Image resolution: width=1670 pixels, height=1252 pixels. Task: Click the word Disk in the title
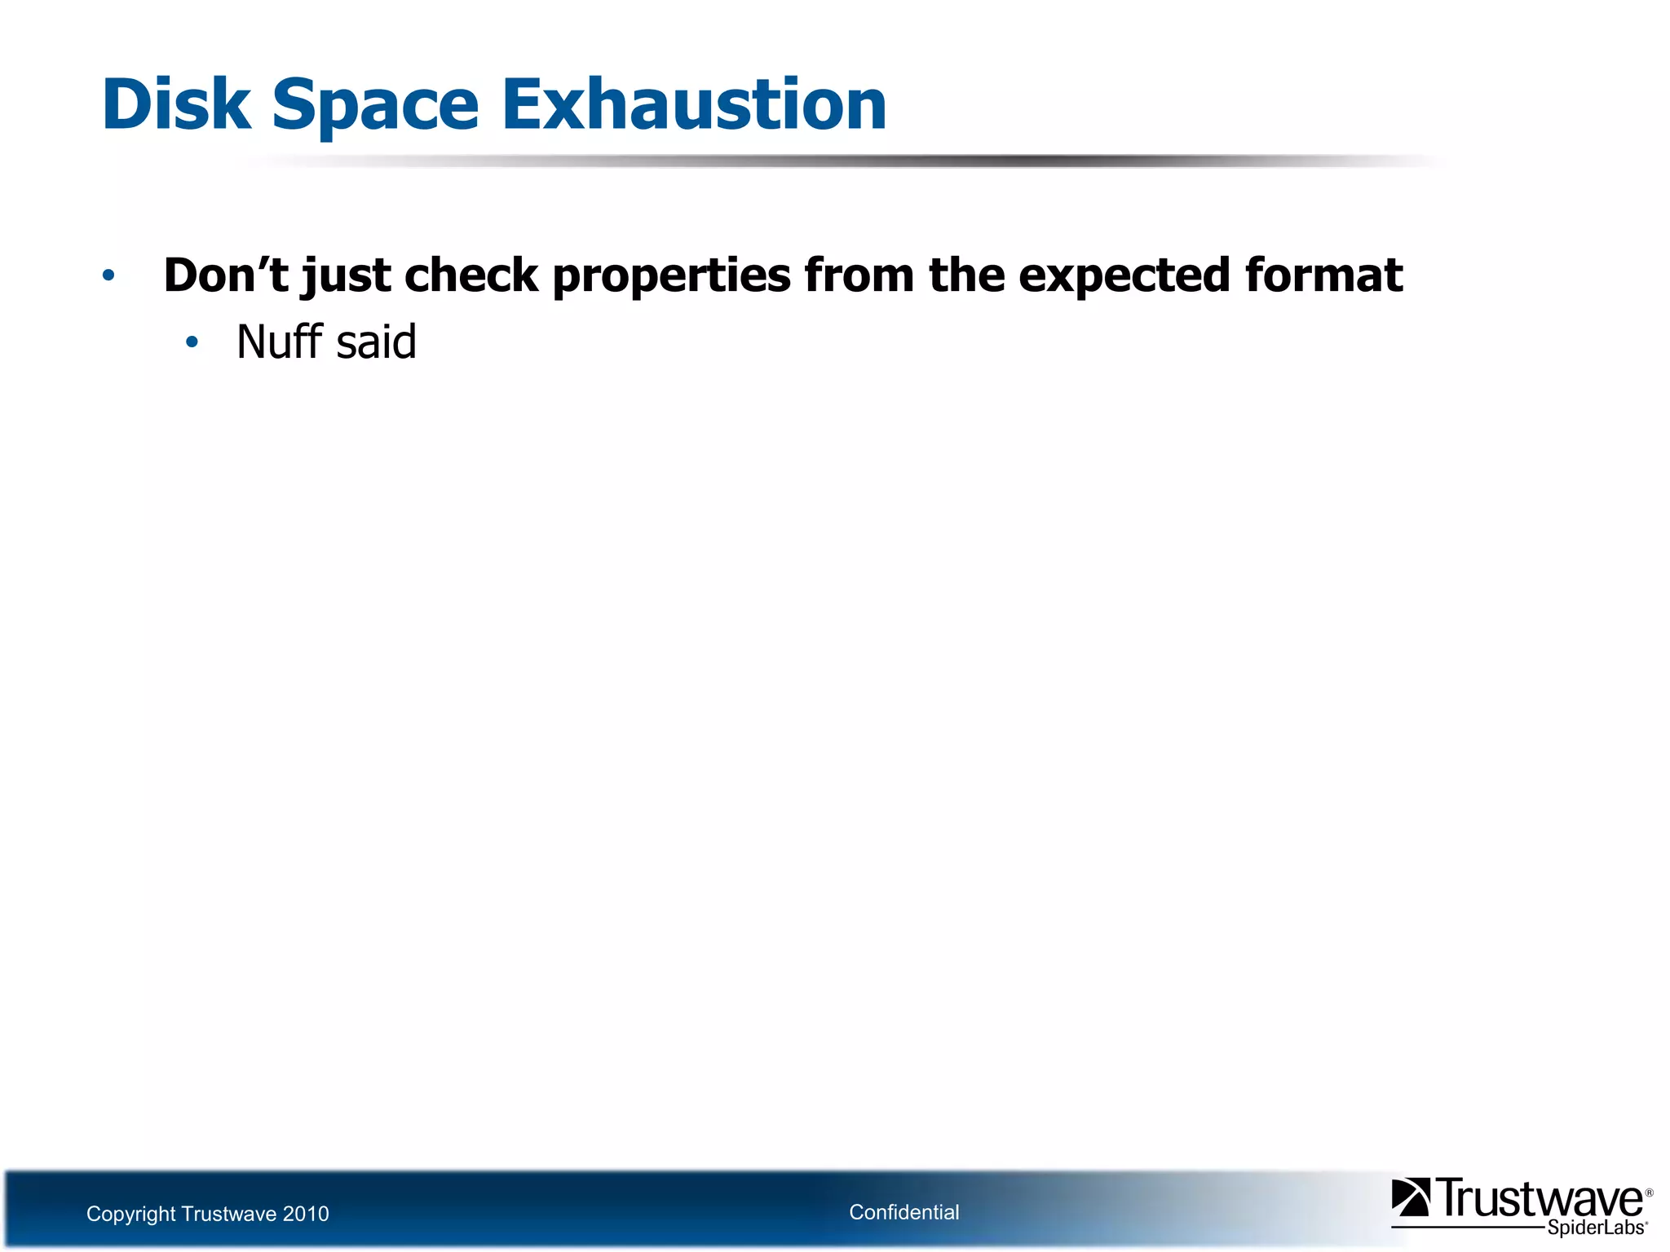coord(176,104)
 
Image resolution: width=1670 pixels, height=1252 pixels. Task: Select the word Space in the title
coord(375,104)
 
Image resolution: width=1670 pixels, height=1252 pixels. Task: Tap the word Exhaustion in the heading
coord(693,104)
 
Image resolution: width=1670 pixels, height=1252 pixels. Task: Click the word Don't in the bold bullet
coord(226,275)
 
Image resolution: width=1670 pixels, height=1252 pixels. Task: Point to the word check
coord(471,275)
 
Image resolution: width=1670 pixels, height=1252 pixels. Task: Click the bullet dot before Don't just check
coord(108,276)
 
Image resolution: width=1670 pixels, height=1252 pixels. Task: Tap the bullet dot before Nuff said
coord(192,342)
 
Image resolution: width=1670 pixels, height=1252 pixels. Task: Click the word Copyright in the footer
coord(130,1215)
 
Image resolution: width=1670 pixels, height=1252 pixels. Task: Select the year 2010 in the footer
coord(305,1214)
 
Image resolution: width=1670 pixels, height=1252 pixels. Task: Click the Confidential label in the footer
coord(903,1212)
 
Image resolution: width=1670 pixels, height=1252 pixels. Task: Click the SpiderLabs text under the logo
coord(1595,1228)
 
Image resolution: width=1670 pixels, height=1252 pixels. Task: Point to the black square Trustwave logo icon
coord(1411,1197)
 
